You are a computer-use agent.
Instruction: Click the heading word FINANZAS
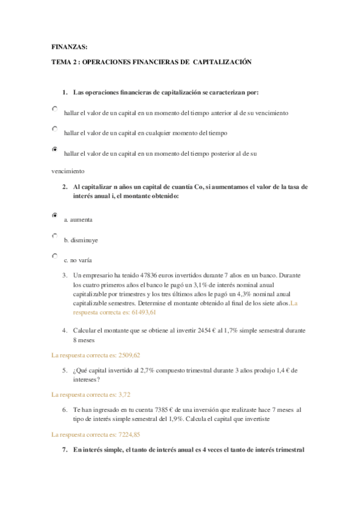click(69, 46)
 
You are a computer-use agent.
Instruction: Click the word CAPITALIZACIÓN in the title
click(221, 62)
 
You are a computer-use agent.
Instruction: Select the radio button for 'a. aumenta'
click(55, 215)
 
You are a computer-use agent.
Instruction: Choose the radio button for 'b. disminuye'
click(55, 236)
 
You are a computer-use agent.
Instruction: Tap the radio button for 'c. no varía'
click(55, 256)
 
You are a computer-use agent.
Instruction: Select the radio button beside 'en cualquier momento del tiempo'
click(55, 129)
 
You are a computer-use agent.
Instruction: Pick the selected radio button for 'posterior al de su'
click(55, 149)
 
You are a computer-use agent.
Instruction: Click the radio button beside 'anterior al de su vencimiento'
click(55, 109)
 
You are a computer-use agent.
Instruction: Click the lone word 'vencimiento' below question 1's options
click(68, 171)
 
